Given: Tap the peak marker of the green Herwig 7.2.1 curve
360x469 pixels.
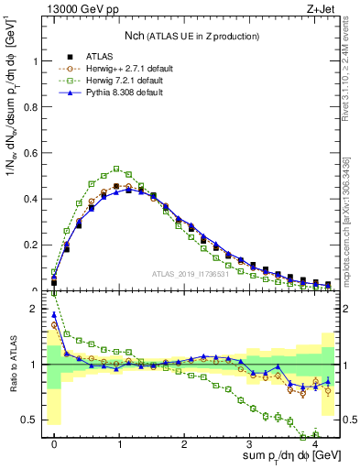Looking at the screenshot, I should [x=116, y=169].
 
